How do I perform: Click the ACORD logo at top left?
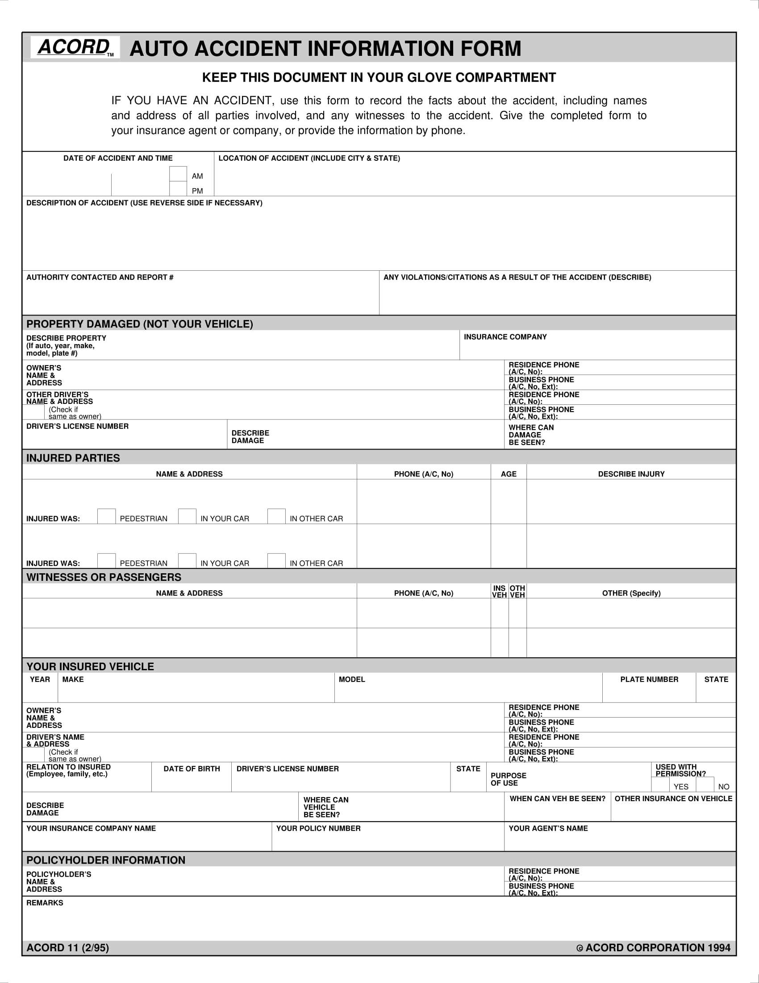pyautogui.click(x=75, y=47)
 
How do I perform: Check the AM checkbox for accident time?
pyautogui.click(x=178, y=174)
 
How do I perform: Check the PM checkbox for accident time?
pyautogui.click(x=178, y=189)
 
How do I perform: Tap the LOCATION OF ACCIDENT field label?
pyautogui.click(x=309, y=158)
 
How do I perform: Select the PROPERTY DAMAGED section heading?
pyautogui.click(x=139, y=324)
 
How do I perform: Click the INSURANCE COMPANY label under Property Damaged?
pyautogui.click(x=505, y=336)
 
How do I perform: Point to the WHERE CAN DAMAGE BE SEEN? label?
pyautogui.click(x=530, y=435)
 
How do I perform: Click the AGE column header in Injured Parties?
pyautogui.click(x=509, y=474)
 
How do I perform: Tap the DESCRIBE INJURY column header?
pyautogui.click(x=631, y=474)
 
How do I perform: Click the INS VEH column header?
pyautogui.click(x=499, y=592)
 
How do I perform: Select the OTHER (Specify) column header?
pyautogui.click(x=631, y=593)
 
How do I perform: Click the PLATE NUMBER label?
pyautogui.click(x=649, y=679)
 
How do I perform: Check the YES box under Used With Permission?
pyautogui.click(x=660, y=785)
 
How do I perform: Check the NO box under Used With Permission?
pyautogui.click(x=705, y=785)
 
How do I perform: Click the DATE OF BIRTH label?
pyautogui.click(x=192, y=769)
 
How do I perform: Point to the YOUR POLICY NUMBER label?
pyautogui.click(x=318, y=828)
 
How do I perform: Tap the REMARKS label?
pyautogui.click(x=45, y=903)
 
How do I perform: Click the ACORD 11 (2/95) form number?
pyautogui.click(x=67, y=947)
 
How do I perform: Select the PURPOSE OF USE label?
pyautogui.click(x=508, y=779)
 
